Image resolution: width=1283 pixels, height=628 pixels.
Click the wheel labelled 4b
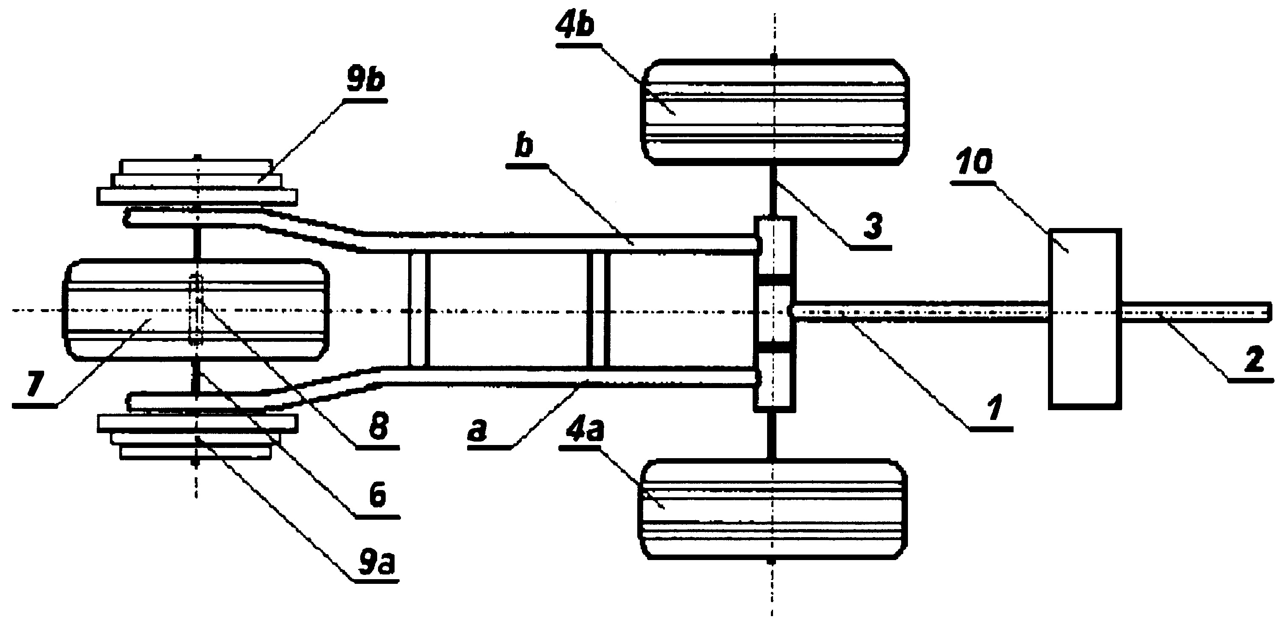(774, 112)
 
